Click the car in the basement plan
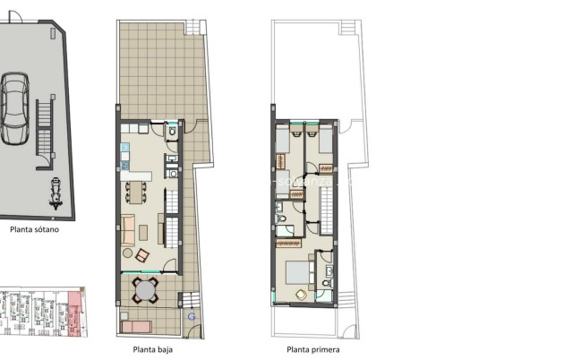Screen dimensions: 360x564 (x=14, y=108)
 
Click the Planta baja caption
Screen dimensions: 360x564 (x=153, y=349)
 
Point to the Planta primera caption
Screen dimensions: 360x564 (x=312, y=349)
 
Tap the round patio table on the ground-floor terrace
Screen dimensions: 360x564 (x=145, y=290)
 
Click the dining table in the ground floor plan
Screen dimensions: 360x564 (x=137, y=191)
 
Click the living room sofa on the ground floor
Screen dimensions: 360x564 (x=128, y=231)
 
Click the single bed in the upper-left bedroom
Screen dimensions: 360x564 (x=281, y=139)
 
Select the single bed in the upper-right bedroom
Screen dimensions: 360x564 (x=324, y=139)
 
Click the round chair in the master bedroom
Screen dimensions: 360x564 (x=301, y=295)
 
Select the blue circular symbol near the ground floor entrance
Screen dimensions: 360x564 (x=191, y=315)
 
